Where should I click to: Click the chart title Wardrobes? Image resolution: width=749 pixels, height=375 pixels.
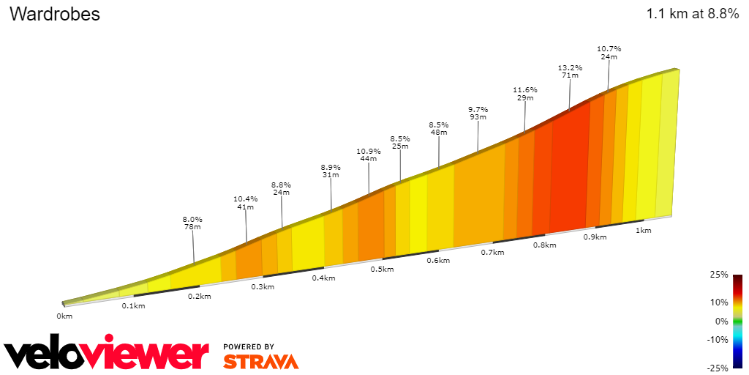[x=55, y=14]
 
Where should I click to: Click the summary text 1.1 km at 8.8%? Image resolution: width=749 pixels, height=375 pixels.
[x=692, y=14]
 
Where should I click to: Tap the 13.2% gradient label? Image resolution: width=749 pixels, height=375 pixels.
[x=571, y=68]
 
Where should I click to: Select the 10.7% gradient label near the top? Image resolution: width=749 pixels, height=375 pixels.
[x=609, y=48]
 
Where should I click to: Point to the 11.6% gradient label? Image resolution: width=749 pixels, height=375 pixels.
[x=525, y=89]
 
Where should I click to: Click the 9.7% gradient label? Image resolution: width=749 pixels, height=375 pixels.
[x=478, y=109]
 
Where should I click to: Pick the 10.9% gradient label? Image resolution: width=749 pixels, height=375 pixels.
[x=369, y=152]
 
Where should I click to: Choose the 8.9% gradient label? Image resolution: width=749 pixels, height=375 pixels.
[x=331, y=167]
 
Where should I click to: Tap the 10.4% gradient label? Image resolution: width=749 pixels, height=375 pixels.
[x=246, y=198]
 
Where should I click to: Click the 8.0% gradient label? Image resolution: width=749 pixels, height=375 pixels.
[x=192, y=219]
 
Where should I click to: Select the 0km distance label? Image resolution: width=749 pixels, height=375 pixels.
[x=64, y=316]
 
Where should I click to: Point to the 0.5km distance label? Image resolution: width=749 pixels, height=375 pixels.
[x=382, y=270]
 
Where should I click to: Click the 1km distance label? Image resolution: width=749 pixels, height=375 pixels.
[x=643, y=230]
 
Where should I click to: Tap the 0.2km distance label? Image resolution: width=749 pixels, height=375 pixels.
[x=200, y=297]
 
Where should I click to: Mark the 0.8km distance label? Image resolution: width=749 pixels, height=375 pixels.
[x=544, y=245]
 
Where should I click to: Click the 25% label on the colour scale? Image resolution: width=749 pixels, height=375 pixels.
[x=718, y=275]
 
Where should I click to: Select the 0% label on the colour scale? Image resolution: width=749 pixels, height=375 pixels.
[x=721, y=321]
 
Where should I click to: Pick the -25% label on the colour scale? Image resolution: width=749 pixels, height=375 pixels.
[x=718, y=367]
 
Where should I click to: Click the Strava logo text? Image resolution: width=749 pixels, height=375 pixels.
[x=260, y=361]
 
